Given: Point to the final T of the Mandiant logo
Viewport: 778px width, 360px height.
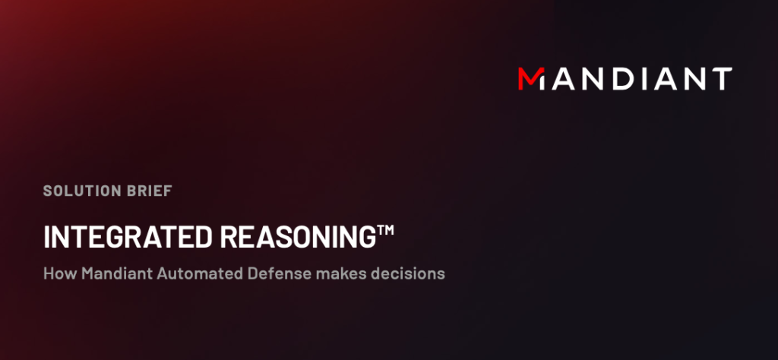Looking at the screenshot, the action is [721, 79].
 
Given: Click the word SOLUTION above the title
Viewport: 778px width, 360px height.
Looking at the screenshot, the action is [82, 191].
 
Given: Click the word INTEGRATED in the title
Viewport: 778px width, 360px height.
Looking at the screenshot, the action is [128, 237].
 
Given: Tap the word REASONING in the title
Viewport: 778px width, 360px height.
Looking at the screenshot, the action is [298, 237].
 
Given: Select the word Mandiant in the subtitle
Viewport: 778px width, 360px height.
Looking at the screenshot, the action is [117, 273].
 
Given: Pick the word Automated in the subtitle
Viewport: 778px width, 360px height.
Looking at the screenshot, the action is [200, 273].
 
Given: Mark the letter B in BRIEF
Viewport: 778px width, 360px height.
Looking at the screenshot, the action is [131, 191].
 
